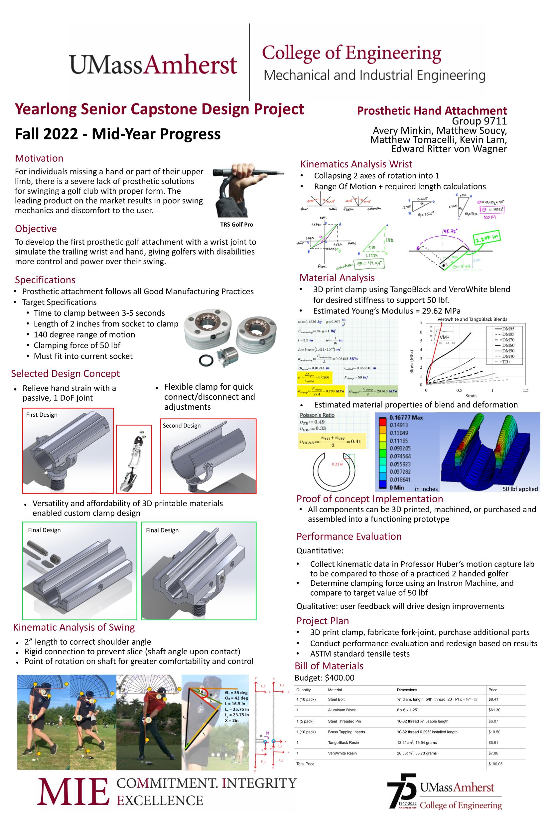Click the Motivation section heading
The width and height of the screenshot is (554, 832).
click(39, 158)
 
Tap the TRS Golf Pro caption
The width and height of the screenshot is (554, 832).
click(236, 225)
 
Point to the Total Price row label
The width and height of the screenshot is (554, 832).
click(305, 764)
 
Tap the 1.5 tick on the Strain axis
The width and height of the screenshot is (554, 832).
click(525, 390)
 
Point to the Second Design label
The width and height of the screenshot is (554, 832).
click(182, 425)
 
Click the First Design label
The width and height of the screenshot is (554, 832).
click(42, 414)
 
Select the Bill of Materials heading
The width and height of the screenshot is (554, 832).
click(329, 666)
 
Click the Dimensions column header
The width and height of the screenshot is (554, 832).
click(407, 690)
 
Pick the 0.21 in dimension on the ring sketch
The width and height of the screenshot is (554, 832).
click(337, 464)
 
